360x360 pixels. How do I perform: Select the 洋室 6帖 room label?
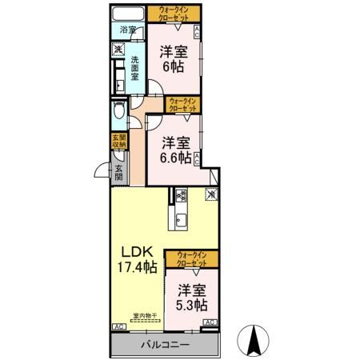(x=174, y=58)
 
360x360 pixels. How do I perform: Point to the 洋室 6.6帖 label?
(x=174, y=150)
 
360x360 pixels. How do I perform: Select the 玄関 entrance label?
(x=118, y=173)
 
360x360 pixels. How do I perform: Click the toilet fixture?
(x=118, y=110)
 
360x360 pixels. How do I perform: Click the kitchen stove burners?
(x=181, y=195)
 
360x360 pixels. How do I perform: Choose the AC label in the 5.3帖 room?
(x=210, y=322)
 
